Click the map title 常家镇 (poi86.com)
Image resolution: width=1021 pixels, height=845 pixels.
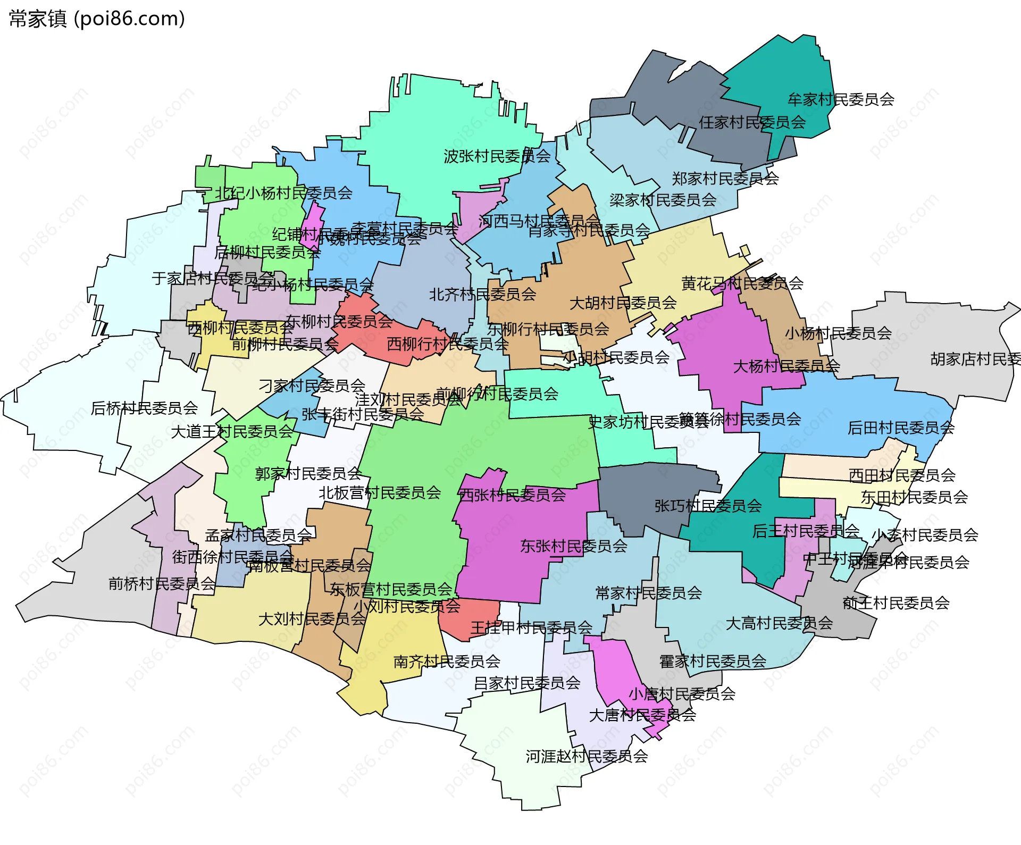97,19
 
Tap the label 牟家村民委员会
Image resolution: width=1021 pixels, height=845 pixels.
841,99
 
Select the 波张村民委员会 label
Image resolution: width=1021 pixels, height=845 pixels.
497,156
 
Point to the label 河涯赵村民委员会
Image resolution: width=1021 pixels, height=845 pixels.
587,756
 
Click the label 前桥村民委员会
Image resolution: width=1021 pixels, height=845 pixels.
162,584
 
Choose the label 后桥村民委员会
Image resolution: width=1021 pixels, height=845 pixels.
144,408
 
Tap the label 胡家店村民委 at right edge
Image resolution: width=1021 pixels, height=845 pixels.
975,359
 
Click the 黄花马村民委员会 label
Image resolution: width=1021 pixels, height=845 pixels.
742,283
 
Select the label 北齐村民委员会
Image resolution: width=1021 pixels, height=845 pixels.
482,294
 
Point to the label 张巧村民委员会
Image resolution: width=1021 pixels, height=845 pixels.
708,506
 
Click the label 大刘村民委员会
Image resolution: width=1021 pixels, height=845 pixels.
312,619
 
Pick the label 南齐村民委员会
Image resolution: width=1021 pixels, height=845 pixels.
447,662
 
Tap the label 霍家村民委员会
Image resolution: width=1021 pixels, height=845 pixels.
713,662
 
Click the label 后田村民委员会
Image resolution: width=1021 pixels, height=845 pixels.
901,428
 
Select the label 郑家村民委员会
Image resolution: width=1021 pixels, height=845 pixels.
725,179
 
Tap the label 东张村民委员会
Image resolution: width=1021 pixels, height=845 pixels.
573,546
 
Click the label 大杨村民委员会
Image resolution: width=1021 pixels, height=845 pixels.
786,366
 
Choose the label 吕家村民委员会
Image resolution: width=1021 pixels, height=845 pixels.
526,683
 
